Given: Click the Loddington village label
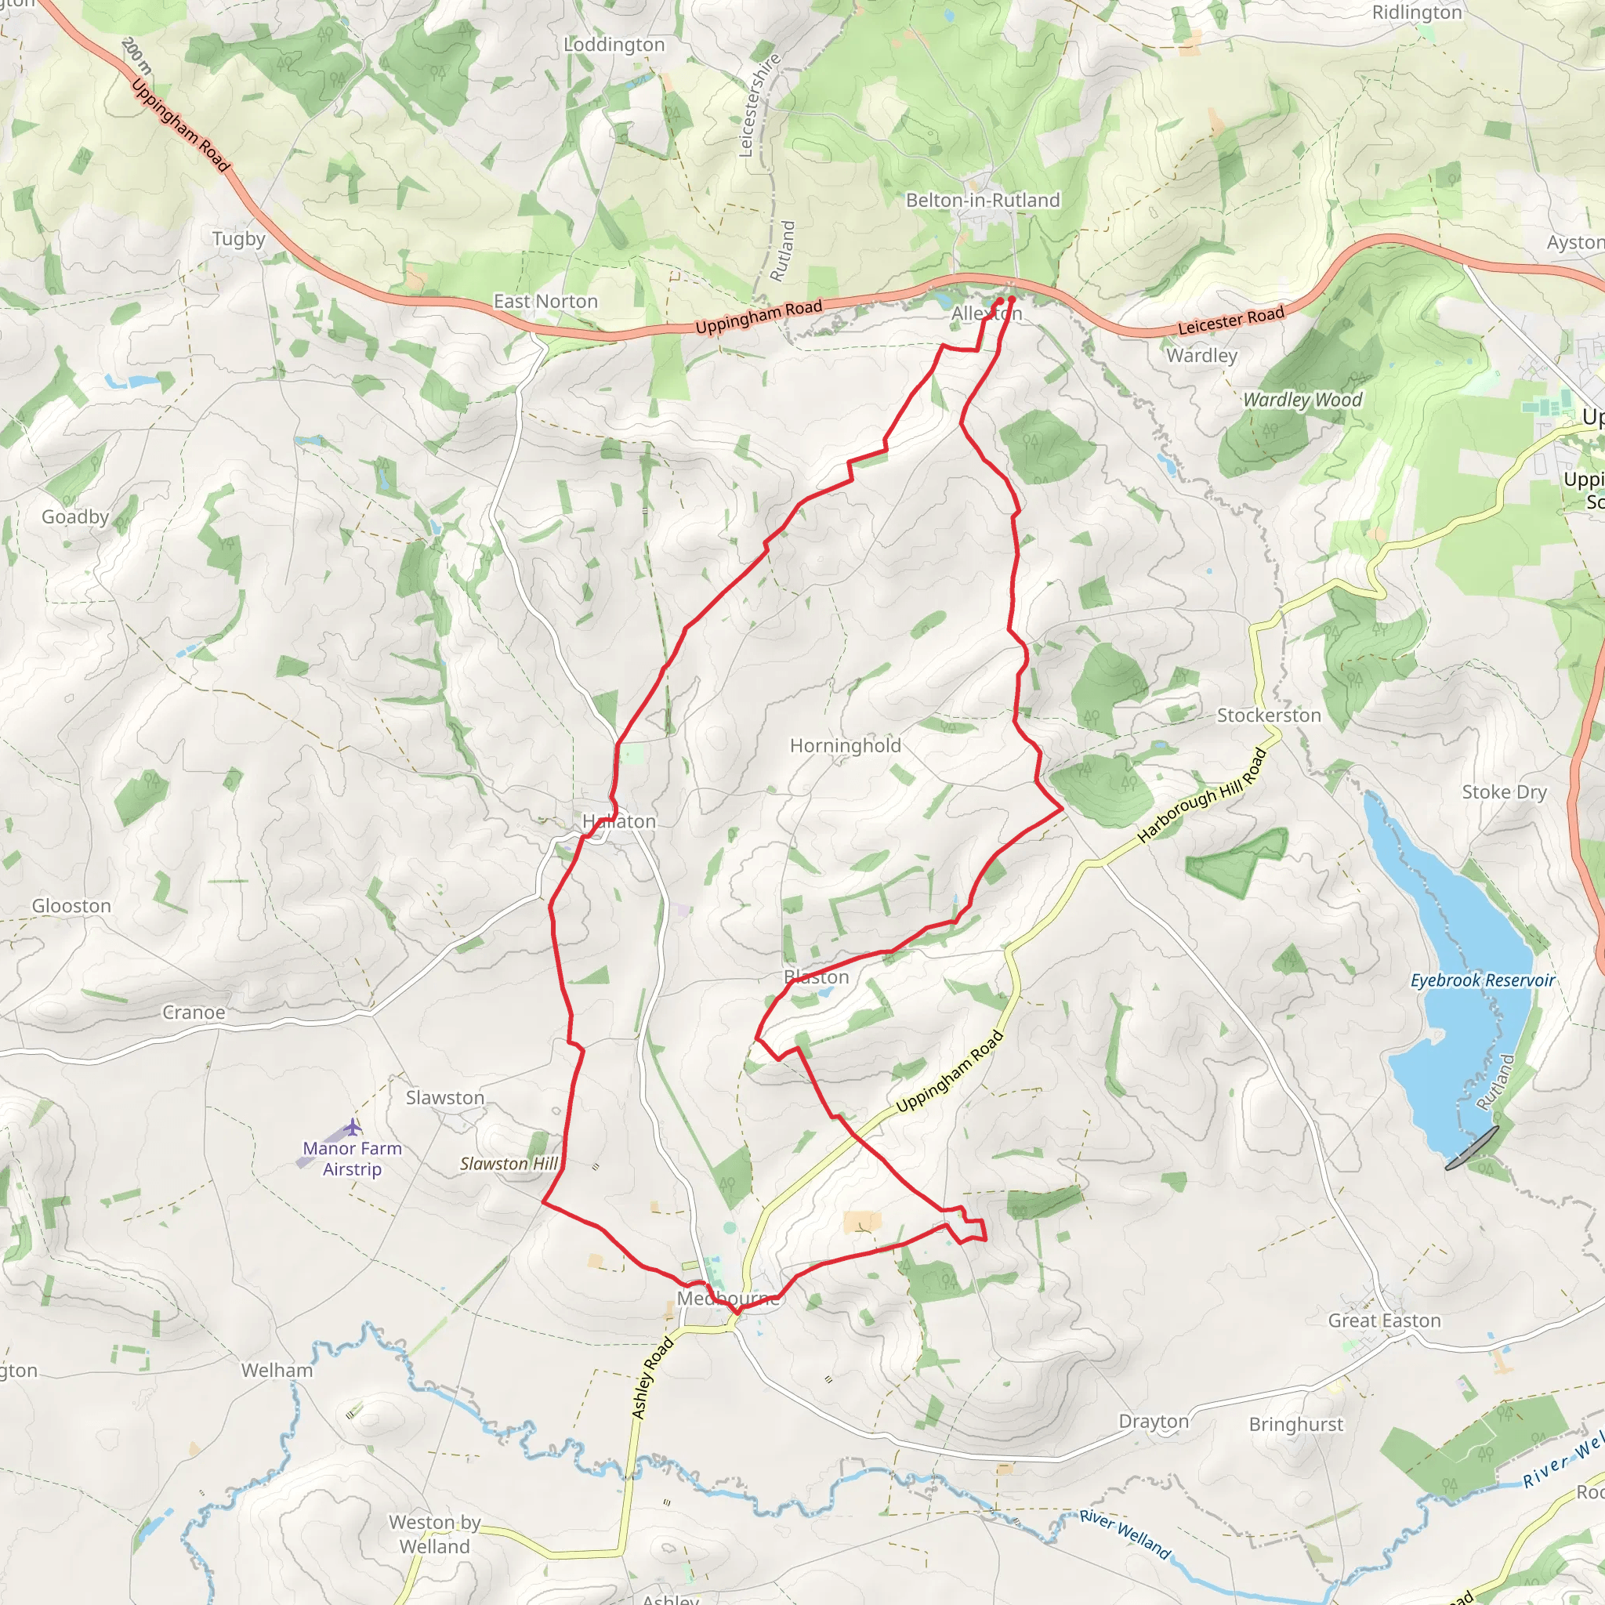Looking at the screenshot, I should click(614, 45).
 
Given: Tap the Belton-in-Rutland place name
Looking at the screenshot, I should click(983, 200).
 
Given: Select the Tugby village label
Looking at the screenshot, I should click(238, 239).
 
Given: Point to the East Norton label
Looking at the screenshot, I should click(545, 302).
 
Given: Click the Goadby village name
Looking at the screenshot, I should click(75, 516).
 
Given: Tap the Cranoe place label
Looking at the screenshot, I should click(194, 1012).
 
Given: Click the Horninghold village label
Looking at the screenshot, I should click(845, 745).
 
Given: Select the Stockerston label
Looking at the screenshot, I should click(1269, 716).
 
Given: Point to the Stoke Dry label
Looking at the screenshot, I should click(1504, 792).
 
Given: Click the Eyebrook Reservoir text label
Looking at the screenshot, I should click(1482, 980).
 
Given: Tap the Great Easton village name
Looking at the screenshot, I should click(1384, 1320).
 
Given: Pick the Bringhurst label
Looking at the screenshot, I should click(1296, 1424).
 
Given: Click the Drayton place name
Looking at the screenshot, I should click(1153, 1421).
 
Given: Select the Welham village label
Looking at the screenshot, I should click(277, 1370).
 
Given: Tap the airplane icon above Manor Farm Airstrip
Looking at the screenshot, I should click(354, 1126).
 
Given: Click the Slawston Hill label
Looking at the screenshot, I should click(509, 1164).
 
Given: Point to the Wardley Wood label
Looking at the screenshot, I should click(1302, 400).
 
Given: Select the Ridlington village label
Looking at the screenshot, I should click(1416, 13).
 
